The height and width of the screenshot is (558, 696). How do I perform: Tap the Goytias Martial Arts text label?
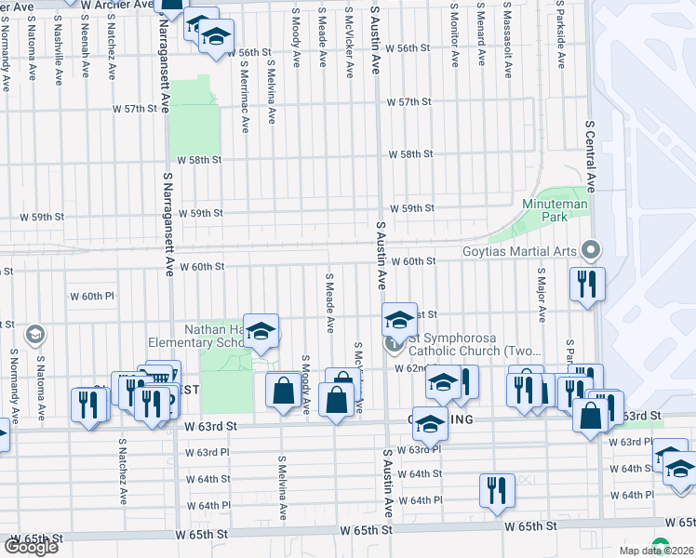(521, 250)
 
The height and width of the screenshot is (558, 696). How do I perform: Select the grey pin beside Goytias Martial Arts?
(589, 249)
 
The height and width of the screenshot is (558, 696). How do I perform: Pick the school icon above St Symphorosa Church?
(398, 321)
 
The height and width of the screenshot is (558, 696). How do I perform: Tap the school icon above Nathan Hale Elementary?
(261, 328)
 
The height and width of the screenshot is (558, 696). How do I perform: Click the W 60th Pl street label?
(90, 296)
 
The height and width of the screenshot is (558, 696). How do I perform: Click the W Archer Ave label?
(116, 5)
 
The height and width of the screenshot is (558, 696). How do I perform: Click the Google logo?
(32, 547)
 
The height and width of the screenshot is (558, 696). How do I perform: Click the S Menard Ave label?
(481, 37)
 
